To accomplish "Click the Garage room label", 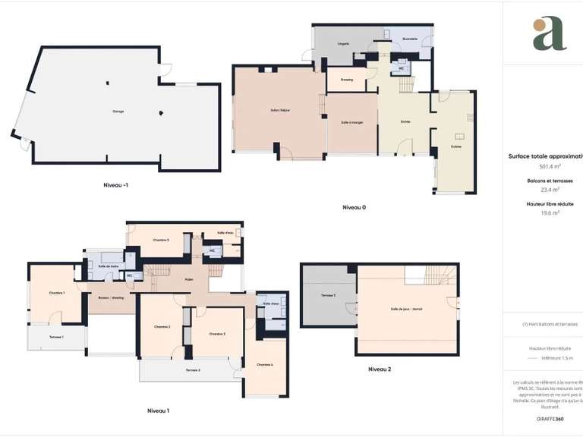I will tap(118, 112).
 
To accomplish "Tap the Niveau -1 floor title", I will tap(121, 184).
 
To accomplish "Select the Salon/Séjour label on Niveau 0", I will tap(280, 111).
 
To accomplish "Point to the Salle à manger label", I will tap(352, 123).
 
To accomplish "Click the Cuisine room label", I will tap(455, 146).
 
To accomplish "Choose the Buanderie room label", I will tap(410, 38).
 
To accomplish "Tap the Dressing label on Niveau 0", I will tap(347, 79).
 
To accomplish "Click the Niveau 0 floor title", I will tap(355, 207).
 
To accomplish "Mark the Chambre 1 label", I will tap(57, 293).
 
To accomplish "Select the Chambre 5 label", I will tap(160, 240).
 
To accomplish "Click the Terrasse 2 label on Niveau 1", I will tap(192, 369).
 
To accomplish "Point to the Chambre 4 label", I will tap(265, 365).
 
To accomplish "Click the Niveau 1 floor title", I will tap(158, 410).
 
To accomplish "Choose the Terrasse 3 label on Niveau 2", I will tap(328, 294).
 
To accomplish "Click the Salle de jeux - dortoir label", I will tap(406, 310).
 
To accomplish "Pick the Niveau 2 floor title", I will tap(380, 369).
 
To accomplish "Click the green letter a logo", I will tap(549, 34).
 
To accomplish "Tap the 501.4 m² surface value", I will tap(550, 166).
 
